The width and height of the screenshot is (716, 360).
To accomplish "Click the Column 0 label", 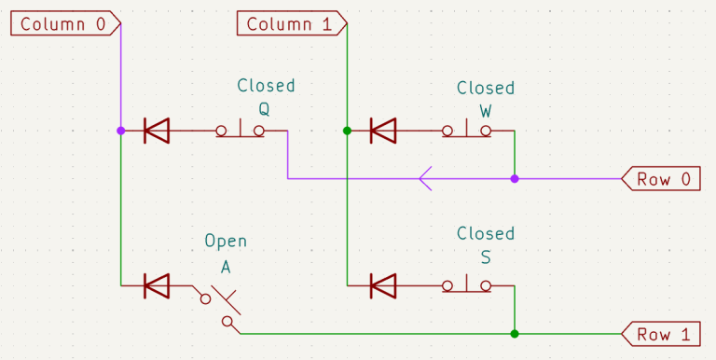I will pos(63,23).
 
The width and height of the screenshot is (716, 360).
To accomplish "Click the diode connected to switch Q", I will pos(157,132).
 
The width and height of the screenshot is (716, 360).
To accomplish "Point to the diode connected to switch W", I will pos(383,132).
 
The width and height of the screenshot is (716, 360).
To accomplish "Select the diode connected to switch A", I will pos(157,285).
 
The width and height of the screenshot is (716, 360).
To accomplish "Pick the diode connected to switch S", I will pos(383,285).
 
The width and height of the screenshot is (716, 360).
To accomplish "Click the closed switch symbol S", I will pos(466,284).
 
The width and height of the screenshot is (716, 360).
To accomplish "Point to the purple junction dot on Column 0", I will pos(120,132).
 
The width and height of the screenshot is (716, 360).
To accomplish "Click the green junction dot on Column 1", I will pos(347,132).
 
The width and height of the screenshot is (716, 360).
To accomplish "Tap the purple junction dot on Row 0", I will pos(514,178).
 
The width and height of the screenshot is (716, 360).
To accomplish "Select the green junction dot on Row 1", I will pos(514,333).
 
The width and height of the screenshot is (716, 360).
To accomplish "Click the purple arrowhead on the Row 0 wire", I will pos(425,178).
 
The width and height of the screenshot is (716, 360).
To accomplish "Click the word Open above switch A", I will pos(226,242).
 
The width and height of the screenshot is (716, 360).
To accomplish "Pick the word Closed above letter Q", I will pos(266,86).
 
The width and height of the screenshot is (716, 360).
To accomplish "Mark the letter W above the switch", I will pos(486,110).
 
